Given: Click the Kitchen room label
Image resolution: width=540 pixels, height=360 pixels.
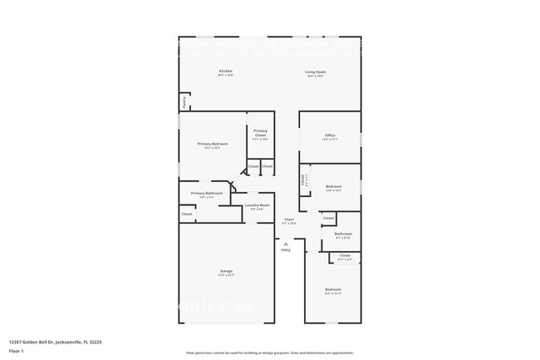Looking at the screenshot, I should click(226, 72).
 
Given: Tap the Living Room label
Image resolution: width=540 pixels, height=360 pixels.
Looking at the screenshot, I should click(316, 72).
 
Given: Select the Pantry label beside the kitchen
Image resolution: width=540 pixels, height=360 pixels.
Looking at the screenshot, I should click(183, 101).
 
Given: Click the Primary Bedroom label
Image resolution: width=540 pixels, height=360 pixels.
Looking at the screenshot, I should click(213, 145).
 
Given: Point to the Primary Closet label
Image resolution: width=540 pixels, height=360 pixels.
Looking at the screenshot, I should click(260, 131).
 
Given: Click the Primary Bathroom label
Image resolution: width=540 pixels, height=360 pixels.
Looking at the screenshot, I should click(208, 193).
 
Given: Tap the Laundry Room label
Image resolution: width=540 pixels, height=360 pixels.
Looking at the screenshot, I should click(257, 205).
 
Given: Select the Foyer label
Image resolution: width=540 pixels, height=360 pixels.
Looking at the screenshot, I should click(288, 219).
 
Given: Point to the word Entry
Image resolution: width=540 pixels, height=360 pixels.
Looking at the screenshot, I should click(286, 249).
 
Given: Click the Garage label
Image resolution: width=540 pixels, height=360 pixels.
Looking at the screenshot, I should click(226, 271).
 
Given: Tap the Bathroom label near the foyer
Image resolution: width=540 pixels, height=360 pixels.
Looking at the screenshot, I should click(343, 234).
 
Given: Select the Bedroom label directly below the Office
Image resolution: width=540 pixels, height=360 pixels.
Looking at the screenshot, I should click(334, 186).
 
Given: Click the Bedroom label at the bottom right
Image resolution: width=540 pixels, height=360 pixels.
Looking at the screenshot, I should click(333, 289).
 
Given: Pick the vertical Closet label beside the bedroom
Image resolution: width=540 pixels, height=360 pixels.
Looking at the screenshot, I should click(302, 180).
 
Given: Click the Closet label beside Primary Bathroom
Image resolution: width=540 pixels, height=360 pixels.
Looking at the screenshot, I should click(187, 214).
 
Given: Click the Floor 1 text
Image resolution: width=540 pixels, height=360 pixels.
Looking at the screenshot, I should click(17, 350).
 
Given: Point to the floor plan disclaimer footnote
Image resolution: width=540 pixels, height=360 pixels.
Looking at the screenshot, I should click(270, 353).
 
